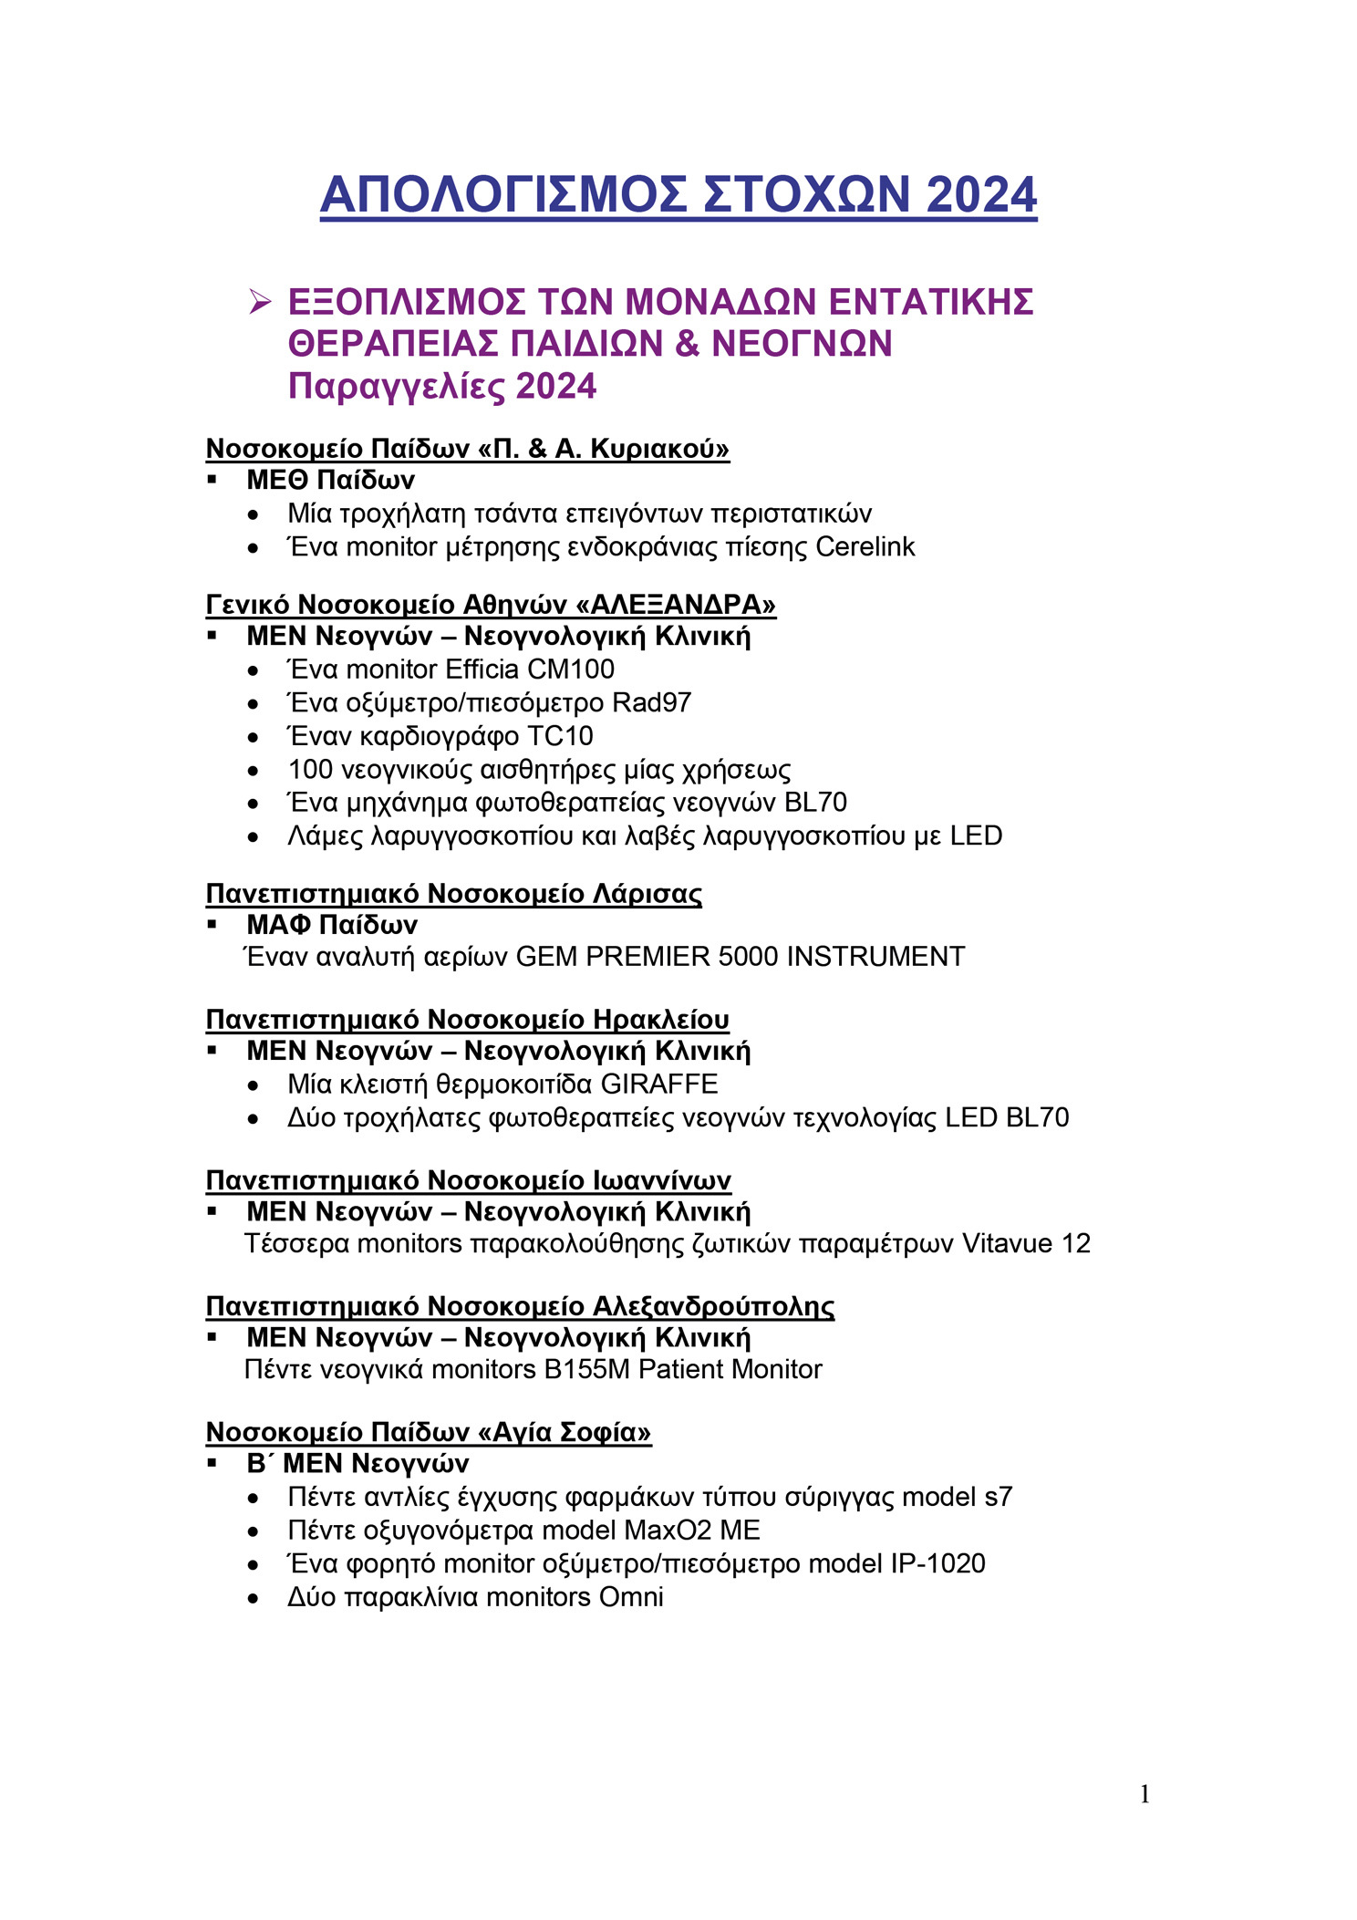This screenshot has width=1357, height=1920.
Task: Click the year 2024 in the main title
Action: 981,195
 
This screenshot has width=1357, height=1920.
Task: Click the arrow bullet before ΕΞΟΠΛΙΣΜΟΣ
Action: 261,302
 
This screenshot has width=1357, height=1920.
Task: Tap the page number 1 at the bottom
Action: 1145,1795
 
